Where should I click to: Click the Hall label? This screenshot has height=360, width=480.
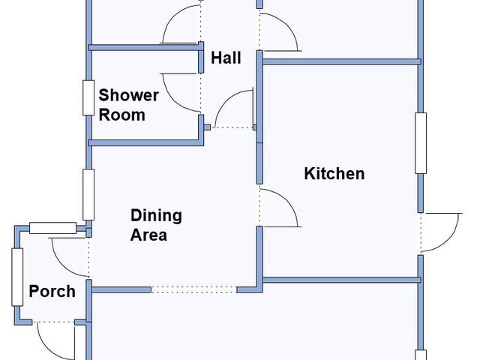(226, 58)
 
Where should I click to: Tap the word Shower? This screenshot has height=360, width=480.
(128, 95)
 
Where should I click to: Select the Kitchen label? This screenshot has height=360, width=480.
(334, 173)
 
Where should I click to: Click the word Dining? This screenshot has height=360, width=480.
(156, 216)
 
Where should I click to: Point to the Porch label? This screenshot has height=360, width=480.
(52, 291)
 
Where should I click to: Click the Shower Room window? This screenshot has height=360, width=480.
(88, 98)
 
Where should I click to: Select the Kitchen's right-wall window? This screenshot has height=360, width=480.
(421, 143)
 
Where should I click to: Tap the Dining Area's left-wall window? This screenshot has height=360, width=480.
(88, 195)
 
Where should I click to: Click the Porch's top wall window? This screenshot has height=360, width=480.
(52, 228)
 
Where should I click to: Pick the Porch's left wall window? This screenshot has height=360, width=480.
(17, 277)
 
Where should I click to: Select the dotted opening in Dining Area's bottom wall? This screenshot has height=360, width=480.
(193, 289)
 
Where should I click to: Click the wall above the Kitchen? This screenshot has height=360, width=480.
(342, 61)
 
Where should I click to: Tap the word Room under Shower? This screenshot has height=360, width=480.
(121, 115)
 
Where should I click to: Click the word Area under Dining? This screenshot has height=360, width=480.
(148, 235)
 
